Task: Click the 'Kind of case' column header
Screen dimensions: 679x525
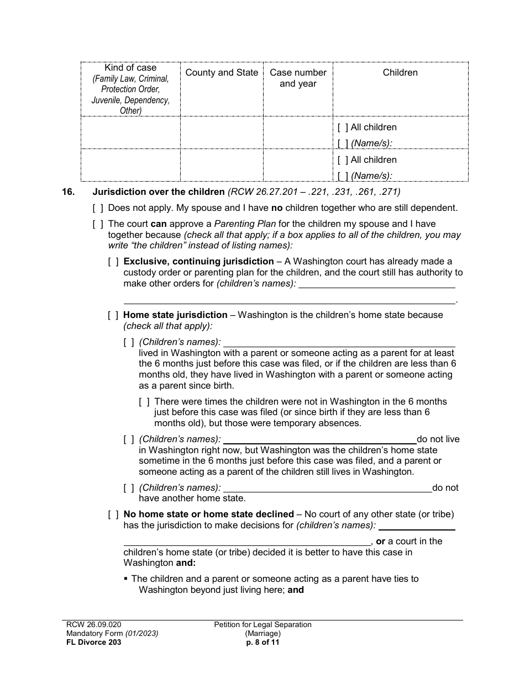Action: point(130,67)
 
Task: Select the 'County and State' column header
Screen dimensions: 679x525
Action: point(222,72)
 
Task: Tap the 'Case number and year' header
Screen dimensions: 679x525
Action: point(298,78)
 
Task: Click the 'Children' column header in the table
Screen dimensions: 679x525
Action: point(400,72)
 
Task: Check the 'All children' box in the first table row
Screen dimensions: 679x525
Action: point(343,127)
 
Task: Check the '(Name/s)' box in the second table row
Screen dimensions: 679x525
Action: point(343,176)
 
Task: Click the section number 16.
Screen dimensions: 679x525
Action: point(69,192)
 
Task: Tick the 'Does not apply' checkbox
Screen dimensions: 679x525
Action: point(98,208)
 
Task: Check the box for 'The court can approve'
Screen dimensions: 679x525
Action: point(98,224)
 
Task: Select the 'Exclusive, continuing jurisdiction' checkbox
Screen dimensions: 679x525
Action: point(113,262)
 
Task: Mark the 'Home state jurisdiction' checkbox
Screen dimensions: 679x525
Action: point(113,315)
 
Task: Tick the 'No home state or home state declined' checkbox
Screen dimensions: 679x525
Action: point(113,514)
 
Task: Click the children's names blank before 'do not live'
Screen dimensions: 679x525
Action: point(319,439)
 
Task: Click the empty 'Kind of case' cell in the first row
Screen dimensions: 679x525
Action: point(130,132)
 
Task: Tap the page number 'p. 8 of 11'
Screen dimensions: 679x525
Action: point(263,642)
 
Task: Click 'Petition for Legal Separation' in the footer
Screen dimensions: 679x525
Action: point(263,624)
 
